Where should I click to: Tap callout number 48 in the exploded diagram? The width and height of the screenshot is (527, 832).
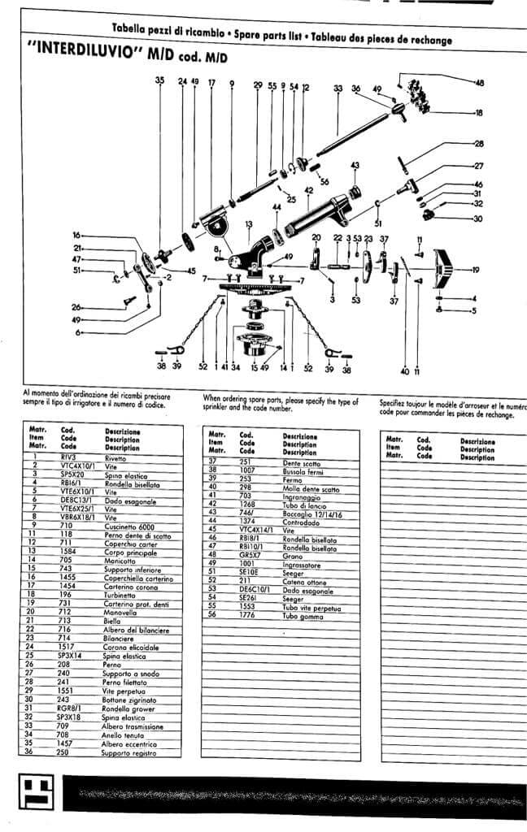coord(479,82)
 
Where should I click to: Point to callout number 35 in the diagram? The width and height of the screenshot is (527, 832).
coord(159,80)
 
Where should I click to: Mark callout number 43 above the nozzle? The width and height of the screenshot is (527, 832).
coord(355,165)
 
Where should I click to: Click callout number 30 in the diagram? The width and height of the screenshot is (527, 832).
coord(478,219)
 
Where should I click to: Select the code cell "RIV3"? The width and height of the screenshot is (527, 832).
coord(68,458)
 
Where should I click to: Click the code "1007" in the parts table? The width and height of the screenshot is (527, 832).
coord(247,469)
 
